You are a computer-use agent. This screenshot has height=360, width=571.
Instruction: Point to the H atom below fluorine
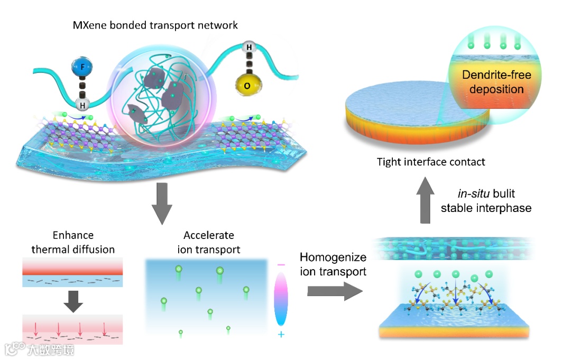pos(82,105)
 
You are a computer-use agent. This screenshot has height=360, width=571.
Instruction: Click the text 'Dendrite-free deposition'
pos(496,81)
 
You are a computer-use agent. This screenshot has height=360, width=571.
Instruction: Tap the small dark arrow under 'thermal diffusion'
pos(72,301)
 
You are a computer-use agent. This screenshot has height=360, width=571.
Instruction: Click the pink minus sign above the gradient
pos(281,264)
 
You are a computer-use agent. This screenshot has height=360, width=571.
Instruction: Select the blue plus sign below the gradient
pos(281,335)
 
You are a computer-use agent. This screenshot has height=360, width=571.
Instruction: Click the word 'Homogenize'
pos(333,258)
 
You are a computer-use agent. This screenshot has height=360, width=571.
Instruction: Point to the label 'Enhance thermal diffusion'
pos(73,242)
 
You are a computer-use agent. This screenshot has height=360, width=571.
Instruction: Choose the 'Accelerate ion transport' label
pos(208,242)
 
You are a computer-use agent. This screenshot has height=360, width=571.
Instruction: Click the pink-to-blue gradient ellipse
pos(281,299)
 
